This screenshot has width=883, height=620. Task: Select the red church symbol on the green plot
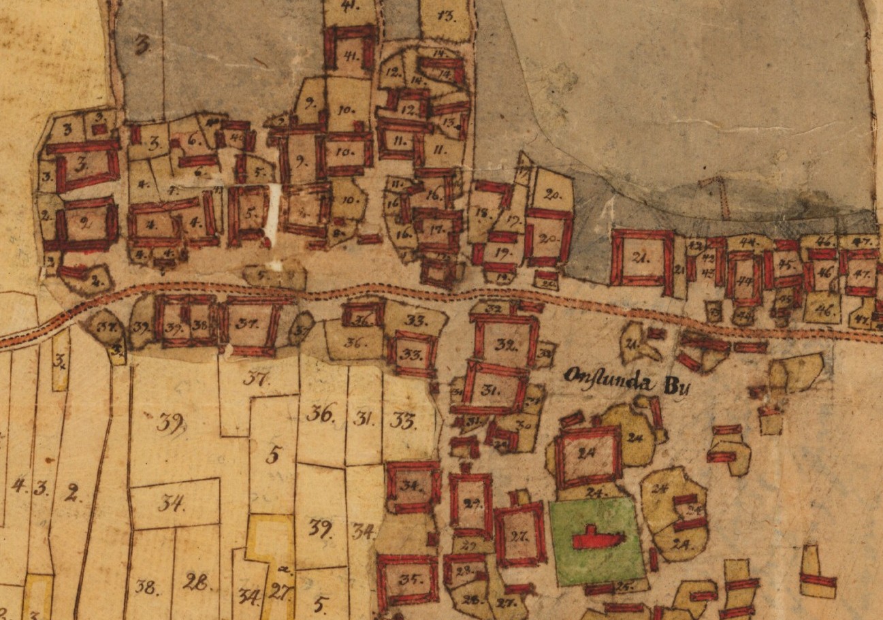597,538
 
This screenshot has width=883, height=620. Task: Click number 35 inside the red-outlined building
408,581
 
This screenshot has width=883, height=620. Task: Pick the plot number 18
483,213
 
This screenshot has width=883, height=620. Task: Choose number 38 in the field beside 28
146,587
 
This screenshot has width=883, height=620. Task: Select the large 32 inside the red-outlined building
504,344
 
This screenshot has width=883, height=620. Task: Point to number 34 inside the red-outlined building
411,486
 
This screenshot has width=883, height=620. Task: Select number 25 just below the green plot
621,585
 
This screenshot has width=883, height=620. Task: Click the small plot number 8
335,231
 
